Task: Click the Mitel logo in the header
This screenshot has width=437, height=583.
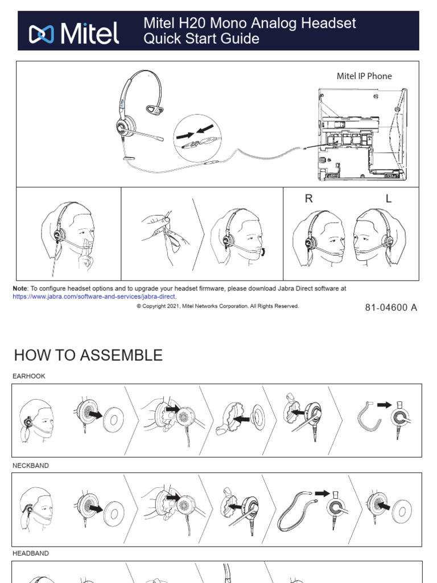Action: [x=74, y=34]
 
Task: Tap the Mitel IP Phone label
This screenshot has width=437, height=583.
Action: [x=364, y=76]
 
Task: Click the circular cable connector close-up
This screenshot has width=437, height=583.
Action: [x=197, y=137]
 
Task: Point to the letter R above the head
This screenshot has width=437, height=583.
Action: [x=309, y=199]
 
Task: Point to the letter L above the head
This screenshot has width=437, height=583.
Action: [x=389, y=199]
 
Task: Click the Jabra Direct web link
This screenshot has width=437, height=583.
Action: [x=94, y=297]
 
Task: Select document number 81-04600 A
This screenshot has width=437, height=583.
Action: [x=391, y=307]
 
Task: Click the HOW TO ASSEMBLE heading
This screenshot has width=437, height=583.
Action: [x=88, y=355]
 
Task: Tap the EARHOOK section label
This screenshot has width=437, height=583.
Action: [x=29, y=376]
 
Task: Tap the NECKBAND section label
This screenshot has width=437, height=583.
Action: [x=31, y=466]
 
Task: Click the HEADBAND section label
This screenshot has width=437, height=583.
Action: [x=31, y=553]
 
